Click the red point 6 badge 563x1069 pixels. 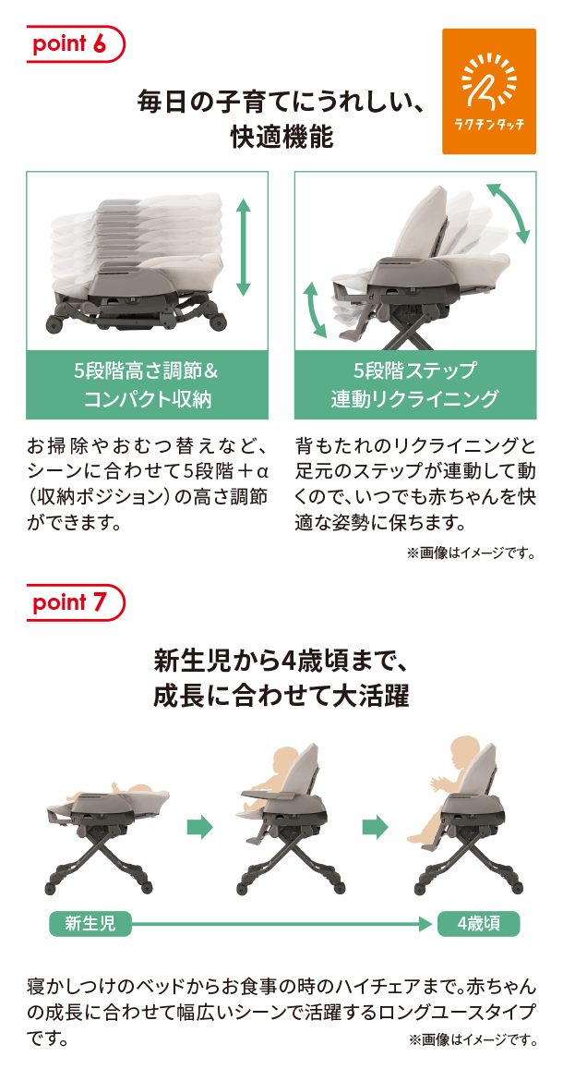[76, 43]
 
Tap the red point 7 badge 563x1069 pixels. [76, 602]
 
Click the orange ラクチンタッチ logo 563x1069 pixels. [489, 91]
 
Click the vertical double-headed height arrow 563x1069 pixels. [243, 248]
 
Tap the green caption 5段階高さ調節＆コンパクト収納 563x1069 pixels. [147, 385]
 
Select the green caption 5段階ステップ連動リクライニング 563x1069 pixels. [415, 385]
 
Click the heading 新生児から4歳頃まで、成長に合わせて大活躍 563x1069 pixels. [281, 678]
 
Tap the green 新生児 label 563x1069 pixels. [90, 924]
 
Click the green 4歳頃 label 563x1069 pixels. [479, 924]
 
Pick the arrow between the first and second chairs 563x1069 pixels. [199, 828]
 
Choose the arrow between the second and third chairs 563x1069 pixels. [375, 828]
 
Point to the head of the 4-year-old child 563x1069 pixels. [467, 753]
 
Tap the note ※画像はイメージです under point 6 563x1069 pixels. [471, 553]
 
